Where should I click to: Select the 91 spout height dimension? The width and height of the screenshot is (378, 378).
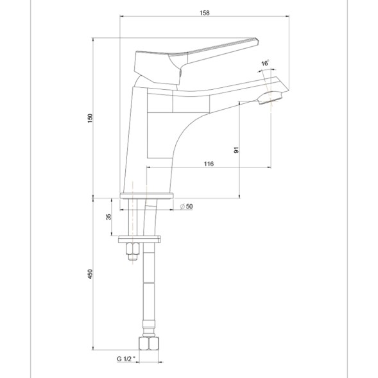tap(236, 150)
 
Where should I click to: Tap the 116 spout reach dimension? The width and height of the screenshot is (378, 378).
tap(209, 164)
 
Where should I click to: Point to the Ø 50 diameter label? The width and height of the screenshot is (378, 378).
tap(187, 206)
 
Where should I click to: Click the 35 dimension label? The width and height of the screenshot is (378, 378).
tap(108, 218)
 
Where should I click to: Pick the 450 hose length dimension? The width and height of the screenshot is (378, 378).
tap(90, 274)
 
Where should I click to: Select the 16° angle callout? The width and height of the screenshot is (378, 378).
tap(265, 63)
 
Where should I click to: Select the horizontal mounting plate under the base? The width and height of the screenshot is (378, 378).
tap(140, 239)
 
